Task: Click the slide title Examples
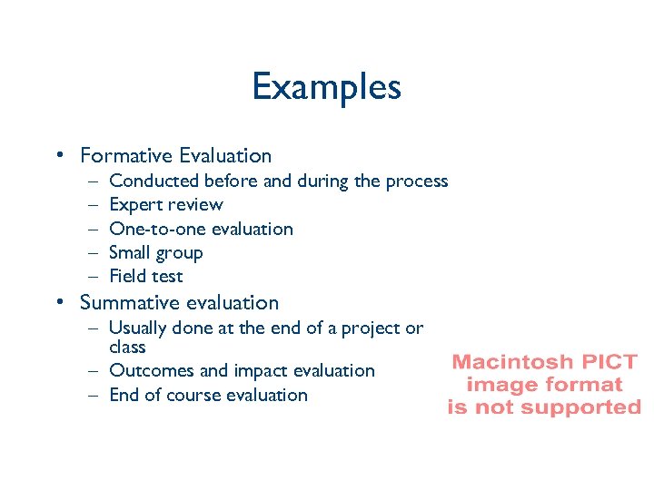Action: [x=326, y=87]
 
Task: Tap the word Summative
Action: [x=128, y=302]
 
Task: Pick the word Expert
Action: [x=134, y=205]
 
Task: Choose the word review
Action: [x=193, y=205]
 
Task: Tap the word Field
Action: [x=128, y=276]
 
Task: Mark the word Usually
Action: [x=139, y=328]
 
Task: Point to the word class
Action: [x=127, y=347]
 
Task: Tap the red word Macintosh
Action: [x=510, y=362]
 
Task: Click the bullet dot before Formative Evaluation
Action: [x=58, y=156]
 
